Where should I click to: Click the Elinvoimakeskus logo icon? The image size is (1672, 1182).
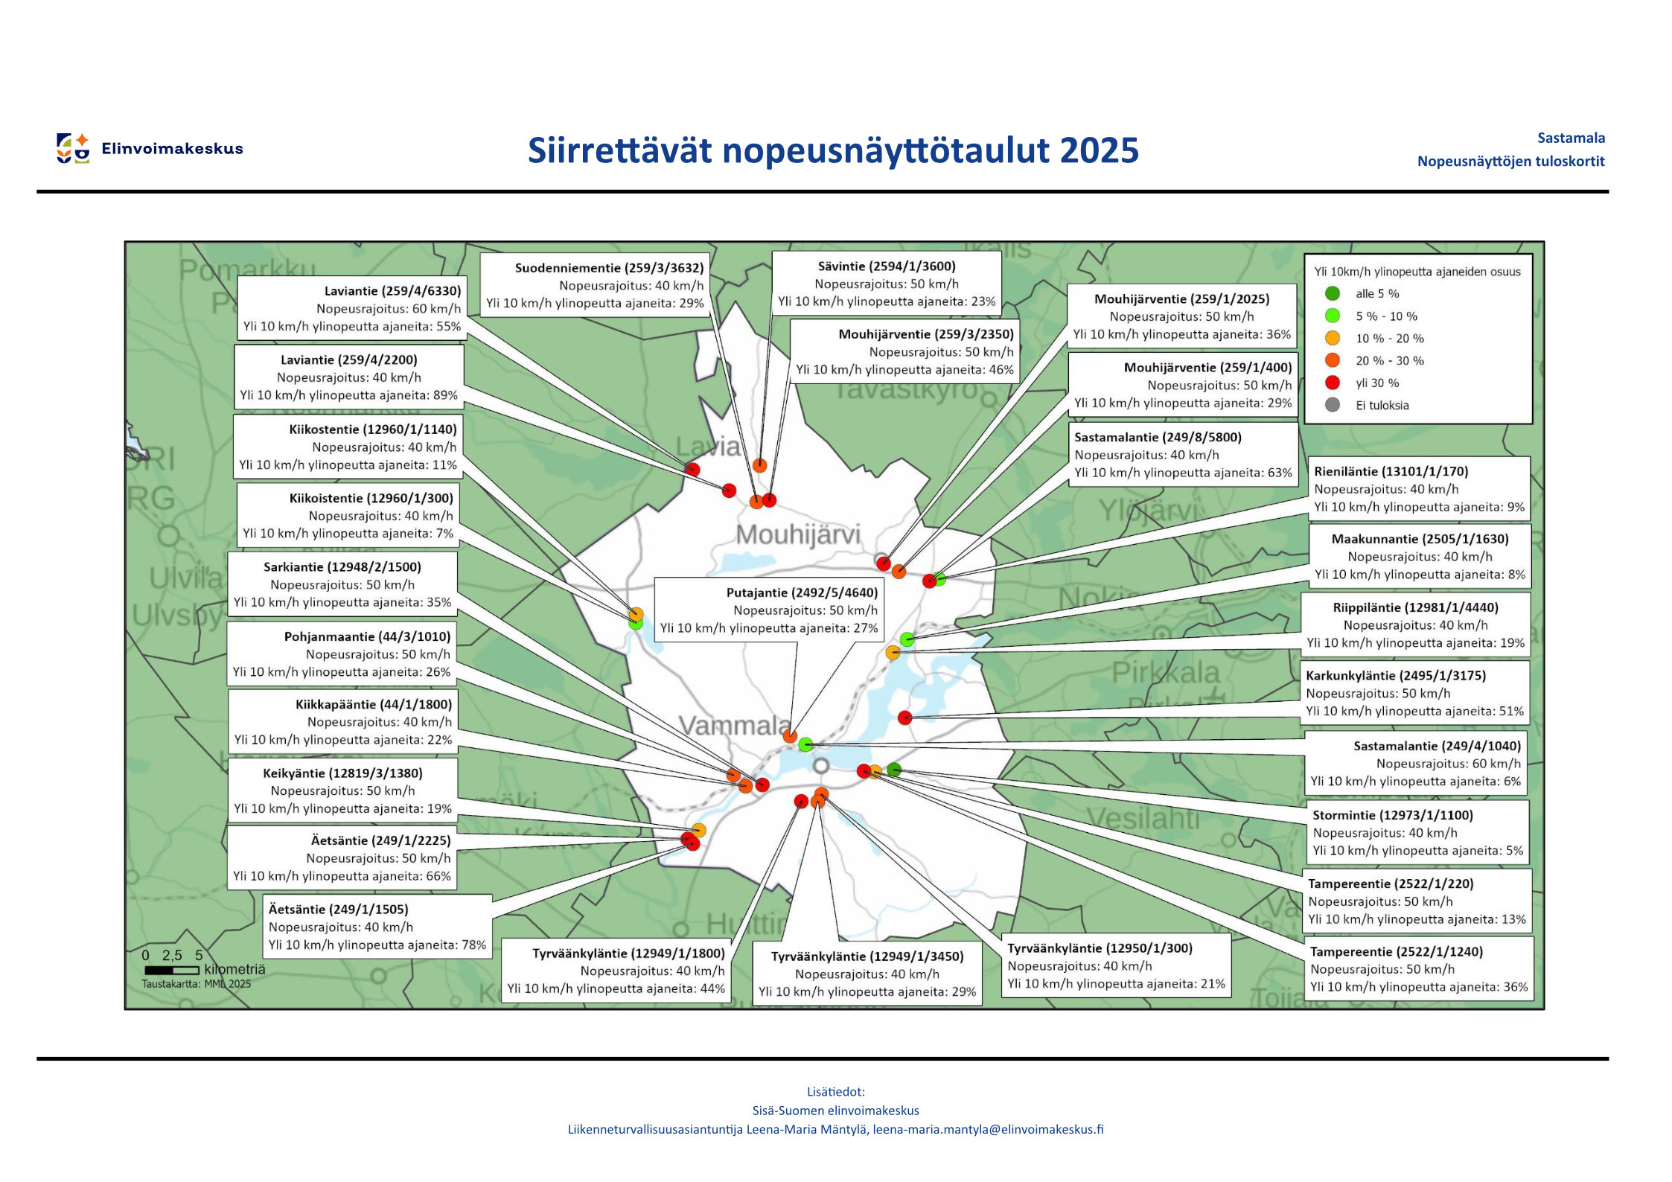(x=73, y=148)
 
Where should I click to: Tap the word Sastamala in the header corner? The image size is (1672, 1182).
(x=1571, y=138)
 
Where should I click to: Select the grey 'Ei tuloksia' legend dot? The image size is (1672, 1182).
(x=1333, y=405)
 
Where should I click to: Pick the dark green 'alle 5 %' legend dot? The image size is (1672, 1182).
(x=1333, y=293)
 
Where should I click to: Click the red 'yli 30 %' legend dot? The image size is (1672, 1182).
(x=1333, y=383)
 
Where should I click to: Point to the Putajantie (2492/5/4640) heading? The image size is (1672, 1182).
(x=802, y=592)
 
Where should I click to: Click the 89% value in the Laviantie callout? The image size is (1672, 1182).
(x=445, y=395)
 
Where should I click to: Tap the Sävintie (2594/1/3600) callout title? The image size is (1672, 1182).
(x=886, y=266)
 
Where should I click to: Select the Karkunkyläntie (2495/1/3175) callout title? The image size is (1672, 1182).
(x=1395, y=675)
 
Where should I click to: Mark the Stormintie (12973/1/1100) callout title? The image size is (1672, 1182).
(x=1392, y=815)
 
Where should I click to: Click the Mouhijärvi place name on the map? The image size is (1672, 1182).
(x=797, y=534)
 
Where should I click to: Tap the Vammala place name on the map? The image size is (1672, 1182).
(x=734, y=725)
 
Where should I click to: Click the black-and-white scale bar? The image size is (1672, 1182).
(x=172, y=970)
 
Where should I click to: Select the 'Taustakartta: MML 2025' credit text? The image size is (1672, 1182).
(x=196, y=984)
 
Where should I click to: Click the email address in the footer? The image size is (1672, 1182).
(x=988, y=1129)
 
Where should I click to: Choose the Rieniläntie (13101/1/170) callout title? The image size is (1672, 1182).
(x=1391, y=471)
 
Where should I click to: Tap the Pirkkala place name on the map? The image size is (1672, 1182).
(x=1165, y=673)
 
